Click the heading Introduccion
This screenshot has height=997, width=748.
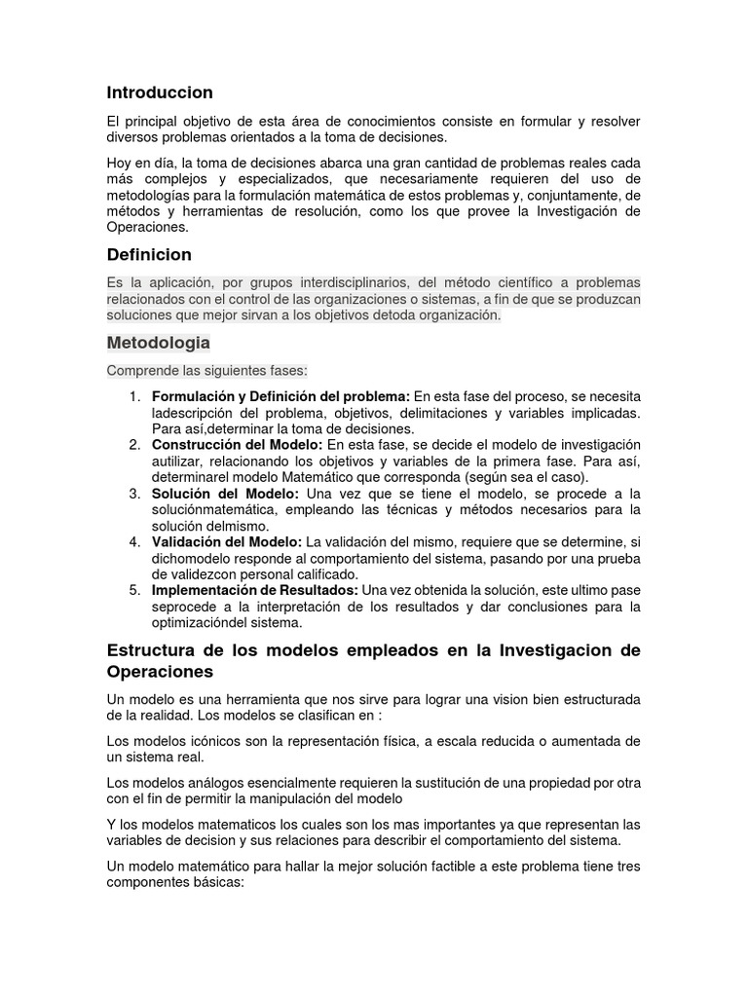160,92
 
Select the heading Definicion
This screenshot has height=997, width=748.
149,255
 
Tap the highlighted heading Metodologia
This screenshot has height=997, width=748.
158,344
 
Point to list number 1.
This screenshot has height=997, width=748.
134,396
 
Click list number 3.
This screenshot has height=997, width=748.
134,494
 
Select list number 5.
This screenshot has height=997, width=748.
134,590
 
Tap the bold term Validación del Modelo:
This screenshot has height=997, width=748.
227,541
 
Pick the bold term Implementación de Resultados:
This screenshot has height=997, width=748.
255,590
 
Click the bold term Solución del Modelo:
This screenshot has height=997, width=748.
225,494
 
